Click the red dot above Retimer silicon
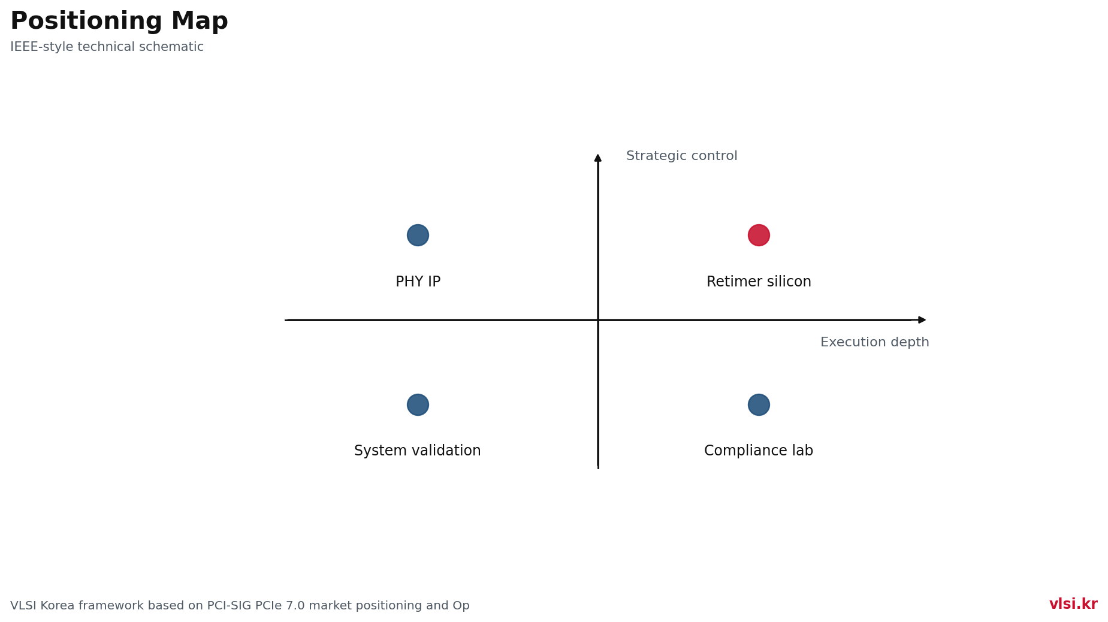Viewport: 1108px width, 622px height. [759, 235]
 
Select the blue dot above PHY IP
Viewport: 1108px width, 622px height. [418, 235]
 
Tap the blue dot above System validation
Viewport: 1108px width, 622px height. [418, 404]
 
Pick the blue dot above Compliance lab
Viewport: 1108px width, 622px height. [759, 404]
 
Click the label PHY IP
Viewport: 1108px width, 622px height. [418, 282]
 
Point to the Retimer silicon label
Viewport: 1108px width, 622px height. [759, 282]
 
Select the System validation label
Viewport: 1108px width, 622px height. [418, 451]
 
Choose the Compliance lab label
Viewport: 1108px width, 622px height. [759, 451]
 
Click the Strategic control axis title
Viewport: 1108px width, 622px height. [682, 156]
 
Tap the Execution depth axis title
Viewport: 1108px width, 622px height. [875, 342]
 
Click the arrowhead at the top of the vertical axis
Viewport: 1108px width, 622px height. [598, 158]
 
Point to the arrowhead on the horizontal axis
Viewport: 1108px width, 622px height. [922, 320]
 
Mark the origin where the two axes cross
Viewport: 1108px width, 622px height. [598, 320]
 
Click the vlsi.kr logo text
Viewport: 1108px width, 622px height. [1073, 604]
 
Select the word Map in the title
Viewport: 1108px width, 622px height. [200, 22]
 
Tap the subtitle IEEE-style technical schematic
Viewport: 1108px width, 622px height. [107, 47]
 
